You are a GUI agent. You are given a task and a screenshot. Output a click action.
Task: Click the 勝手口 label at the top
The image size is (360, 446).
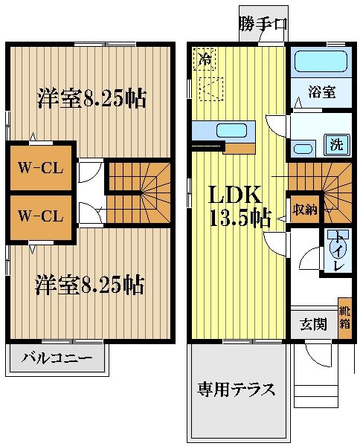click(263, 24)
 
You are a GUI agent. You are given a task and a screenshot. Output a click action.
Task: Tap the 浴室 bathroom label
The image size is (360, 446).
click(321, 93)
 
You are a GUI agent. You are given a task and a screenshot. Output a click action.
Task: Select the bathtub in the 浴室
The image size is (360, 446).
click(320, 62)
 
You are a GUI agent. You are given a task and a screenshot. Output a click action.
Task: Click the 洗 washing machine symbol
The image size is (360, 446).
click(336, 144)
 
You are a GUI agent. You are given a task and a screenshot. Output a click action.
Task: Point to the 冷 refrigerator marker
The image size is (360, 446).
click(202, 59)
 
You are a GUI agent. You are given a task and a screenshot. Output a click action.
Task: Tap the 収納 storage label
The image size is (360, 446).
click(304, 209)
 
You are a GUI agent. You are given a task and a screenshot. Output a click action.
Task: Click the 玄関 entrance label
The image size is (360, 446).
click(312, 324)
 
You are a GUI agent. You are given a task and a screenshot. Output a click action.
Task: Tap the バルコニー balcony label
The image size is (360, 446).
click(57, 358)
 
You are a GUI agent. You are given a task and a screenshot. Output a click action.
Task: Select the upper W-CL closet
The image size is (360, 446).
click(41, 167)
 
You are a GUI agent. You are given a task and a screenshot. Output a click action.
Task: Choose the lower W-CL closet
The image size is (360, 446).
click(41, 216)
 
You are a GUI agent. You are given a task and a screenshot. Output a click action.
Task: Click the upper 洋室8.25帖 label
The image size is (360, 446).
click(91, 98)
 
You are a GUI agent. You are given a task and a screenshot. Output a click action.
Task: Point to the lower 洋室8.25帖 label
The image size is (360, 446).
click(90, 284)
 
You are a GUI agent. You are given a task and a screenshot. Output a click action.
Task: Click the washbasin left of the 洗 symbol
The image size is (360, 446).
click(303, 148)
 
